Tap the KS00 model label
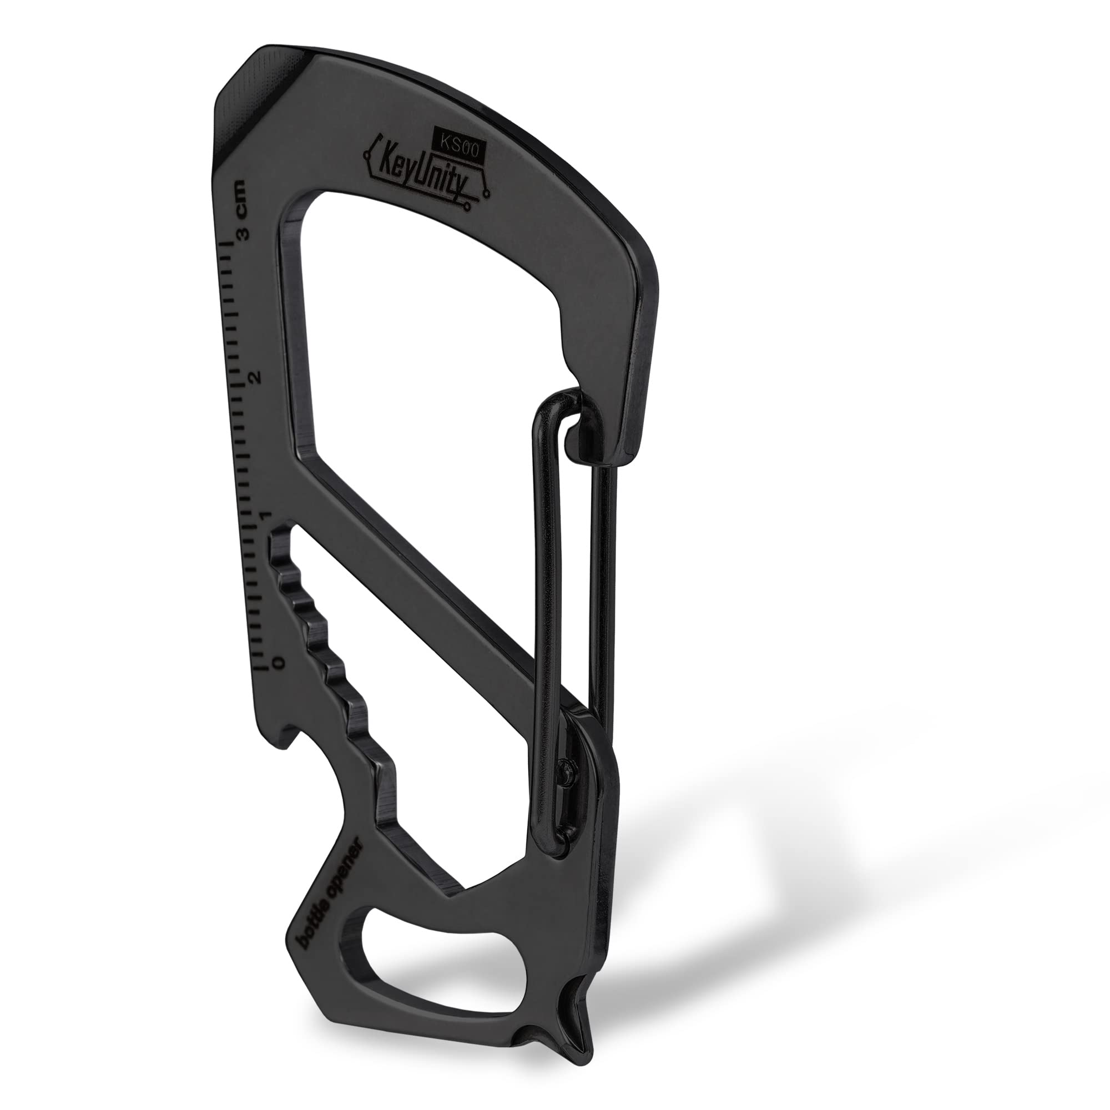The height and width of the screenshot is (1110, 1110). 459,148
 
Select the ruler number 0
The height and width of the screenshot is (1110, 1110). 279,663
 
